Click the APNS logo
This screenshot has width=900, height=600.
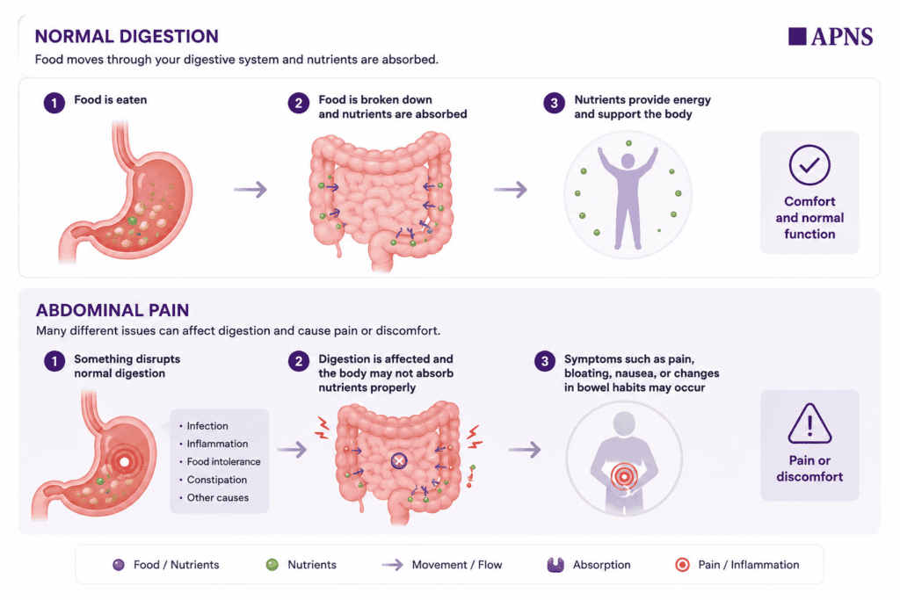click(831, 36)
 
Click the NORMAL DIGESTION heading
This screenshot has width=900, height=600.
click(127, 36)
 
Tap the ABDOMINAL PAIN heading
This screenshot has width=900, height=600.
click(112, 310)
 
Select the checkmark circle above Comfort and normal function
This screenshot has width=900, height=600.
click(809, 165)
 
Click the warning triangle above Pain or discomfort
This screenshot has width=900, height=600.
click(809, 424)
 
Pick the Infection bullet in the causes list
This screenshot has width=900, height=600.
click(204, 425)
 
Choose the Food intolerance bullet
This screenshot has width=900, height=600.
click(220, 462)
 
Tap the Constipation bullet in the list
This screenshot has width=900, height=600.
click(213, 480)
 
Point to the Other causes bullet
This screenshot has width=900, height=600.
click(214, 498)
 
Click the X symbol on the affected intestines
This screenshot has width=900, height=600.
click(399, 460)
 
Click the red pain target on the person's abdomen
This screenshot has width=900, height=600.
click(624, 476)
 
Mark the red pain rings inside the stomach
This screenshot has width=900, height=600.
click(124, 461)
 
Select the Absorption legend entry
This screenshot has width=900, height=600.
click(589, 565)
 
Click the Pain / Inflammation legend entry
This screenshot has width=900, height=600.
click(737, 565)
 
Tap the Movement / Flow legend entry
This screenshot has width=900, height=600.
click(442, 565)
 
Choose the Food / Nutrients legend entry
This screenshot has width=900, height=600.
click(166, 565)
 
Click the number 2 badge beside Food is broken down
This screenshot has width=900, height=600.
click(299, 104)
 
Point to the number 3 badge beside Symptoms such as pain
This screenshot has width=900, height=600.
click(545, 361)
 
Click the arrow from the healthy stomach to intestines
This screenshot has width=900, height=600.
click(250, 189)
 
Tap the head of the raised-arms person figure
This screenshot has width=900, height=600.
click(628, 161)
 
